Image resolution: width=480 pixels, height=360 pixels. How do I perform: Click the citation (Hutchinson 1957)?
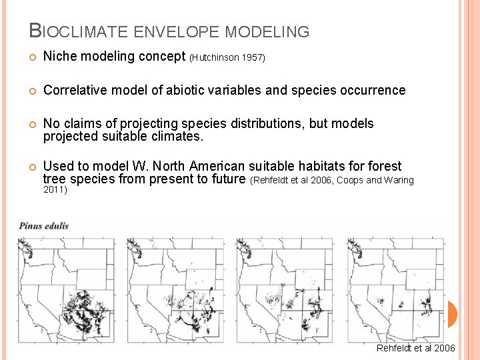coord(227,58)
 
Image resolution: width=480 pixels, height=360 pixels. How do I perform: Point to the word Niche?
coord(61,57)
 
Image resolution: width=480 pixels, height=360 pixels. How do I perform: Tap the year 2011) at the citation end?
coord(55,190)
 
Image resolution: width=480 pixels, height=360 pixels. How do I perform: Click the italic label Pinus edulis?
coord(44,225)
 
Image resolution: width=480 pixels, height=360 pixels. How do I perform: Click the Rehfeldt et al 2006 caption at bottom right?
coord(415,348)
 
